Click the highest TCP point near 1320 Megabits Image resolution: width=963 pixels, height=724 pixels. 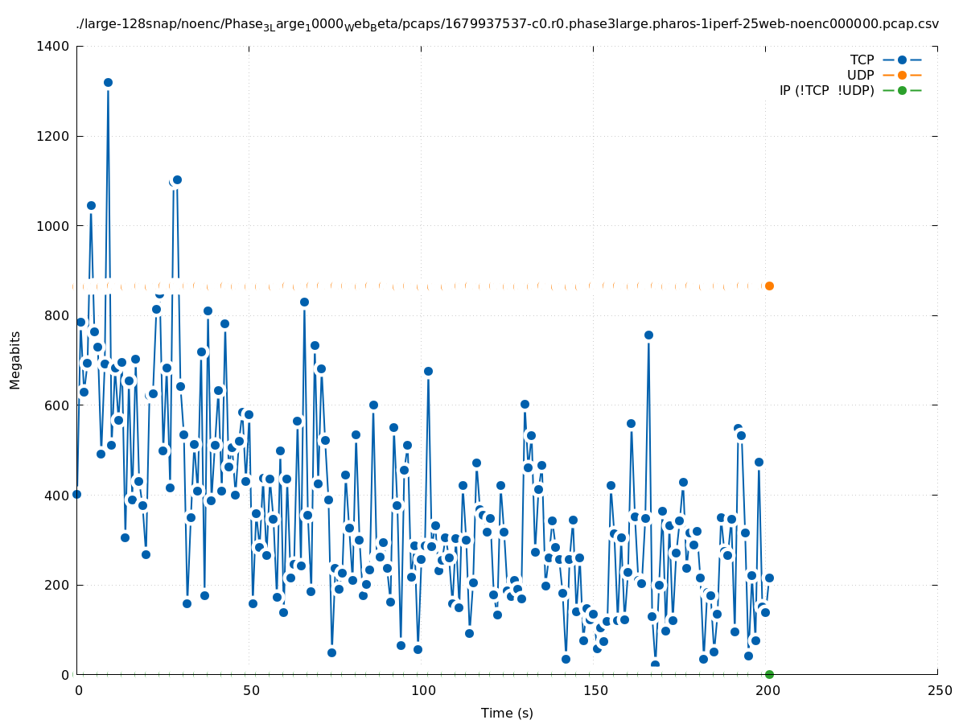pos(108,82)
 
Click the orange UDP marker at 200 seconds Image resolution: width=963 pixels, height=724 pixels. pos(769,286)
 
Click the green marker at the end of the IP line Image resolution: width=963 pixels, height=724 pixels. pos(769,674)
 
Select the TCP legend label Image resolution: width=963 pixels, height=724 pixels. pos(862,60)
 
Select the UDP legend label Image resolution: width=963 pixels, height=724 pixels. pos(860,76)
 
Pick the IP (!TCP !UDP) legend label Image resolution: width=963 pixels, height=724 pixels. pos(826,91)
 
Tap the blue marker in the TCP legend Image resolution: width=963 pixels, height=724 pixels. pos(902,60)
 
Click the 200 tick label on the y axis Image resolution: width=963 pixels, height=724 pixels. pos(58,586)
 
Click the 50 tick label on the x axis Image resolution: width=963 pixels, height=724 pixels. pos(251,691)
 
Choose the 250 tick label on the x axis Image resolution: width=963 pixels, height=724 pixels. pos(939,691)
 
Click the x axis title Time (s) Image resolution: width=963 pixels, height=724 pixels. pos(507,714)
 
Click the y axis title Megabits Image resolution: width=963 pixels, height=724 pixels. pos(16,360)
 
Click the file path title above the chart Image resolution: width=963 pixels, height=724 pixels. pos(507,24)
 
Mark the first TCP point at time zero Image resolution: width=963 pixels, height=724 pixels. pos(76,494)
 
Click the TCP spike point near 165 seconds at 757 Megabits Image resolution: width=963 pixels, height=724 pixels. pos(648,335)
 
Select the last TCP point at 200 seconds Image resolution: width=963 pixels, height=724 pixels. pos(769,578)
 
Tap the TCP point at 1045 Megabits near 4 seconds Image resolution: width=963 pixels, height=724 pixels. pos(91,205)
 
